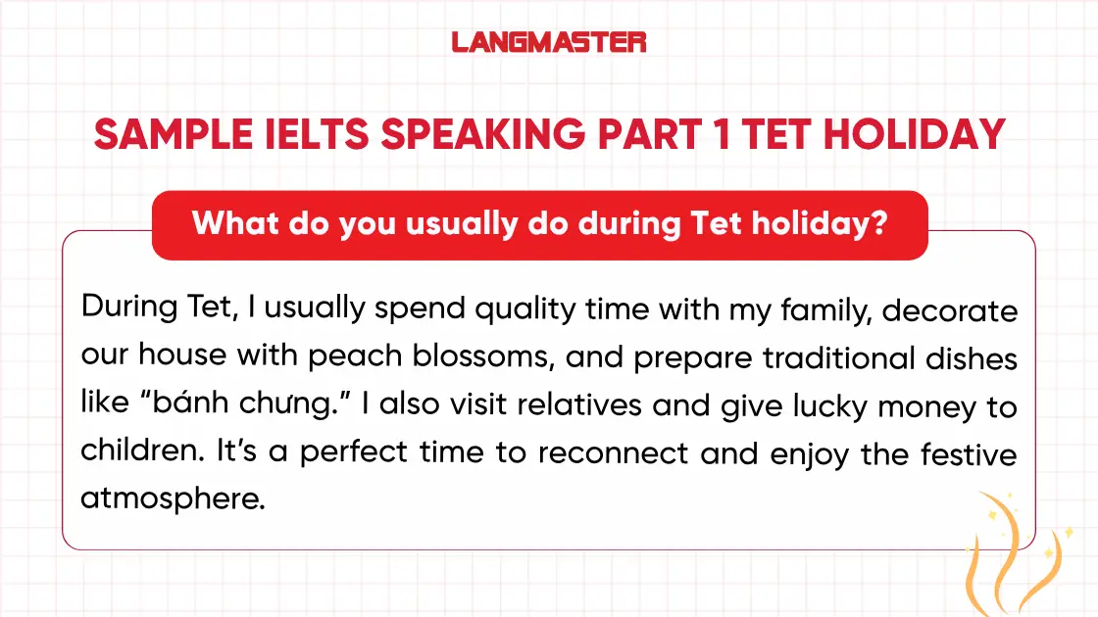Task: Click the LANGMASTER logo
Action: (549, 42)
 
